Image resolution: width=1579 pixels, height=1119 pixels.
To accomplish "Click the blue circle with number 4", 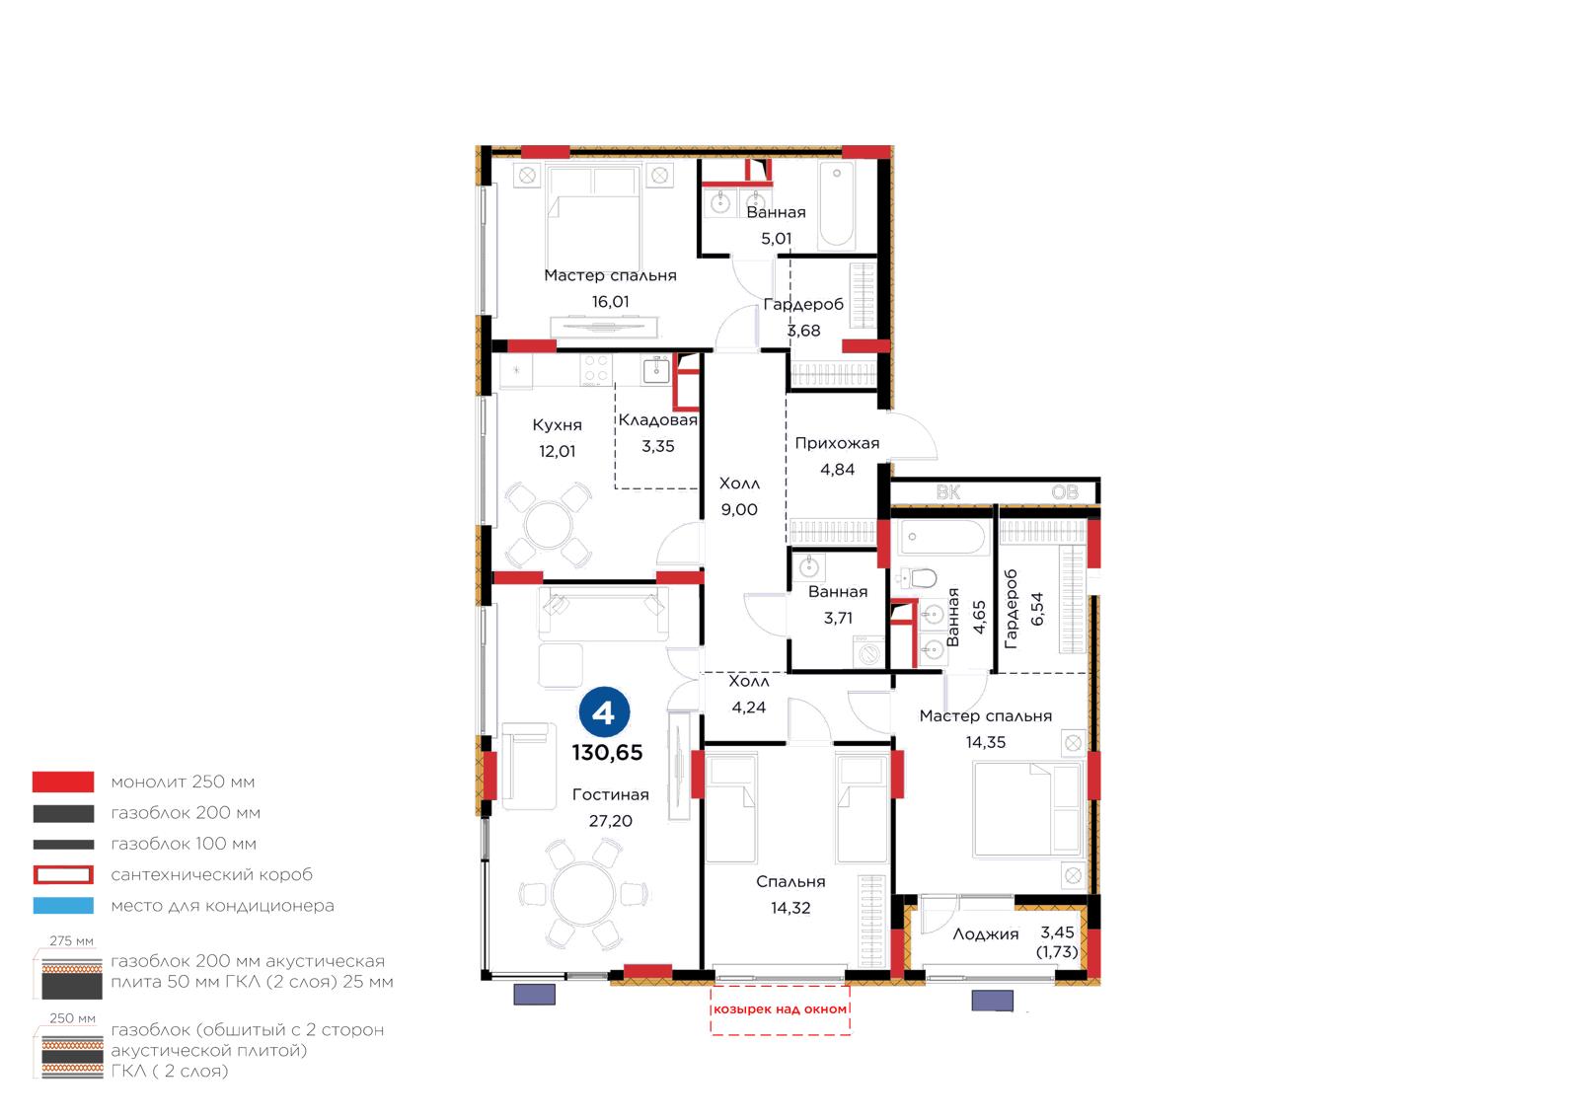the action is pos(604,712).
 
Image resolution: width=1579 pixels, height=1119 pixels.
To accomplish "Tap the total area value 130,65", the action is pos(607,753).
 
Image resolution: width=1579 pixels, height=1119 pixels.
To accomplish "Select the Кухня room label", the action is pos(557,425).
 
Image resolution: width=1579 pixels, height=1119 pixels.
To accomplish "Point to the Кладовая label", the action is pos(657,420).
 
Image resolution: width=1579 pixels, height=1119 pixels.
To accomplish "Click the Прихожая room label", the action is pos(837,443).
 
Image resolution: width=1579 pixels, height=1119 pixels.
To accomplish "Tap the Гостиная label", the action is pos(611,794).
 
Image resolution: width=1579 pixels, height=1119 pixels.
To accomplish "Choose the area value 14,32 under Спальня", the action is pos(790,908).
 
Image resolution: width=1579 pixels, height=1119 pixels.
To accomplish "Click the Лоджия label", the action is pos(986,934).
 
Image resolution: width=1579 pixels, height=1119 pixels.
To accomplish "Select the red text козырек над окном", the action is pos(780,1009).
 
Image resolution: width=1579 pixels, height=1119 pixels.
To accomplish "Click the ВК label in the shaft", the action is pos(948,491).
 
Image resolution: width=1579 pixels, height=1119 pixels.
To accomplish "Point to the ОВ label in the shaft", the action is pos(1065,491).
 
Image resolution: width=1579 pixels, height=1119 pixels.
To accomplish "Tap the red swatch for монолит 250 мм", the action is pos(63,782).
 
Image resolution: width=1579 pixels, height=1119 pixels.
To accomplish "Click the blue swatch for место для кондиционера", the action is pos(63,906).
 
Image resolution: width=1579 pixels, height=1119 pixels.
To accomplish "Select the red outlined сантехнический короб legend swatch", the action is pos(63,874).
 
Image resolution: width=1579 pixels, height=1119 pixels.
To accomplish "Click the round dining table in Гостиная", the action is pos(583,893).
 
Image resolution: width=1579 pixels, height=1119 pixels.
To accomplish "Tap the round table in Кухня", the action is pos(549,524).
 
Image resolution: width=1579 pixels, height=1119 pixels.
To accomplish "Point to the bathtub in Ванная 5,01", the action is pos(837,205).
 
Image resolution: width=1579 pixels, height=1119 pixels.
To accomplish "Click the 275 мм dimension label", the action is pos(71,940).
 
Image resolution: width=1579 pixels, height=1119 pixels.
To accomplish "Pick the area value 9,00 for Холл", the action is pos(739,509).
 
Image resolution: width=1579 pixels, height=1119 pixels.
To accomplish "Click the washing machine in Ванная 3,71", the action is pos(868,652).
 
